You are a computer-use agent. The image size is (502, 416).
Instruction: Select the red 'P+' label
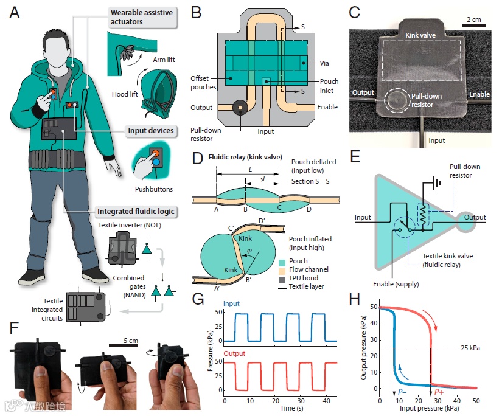pyautogui.click(x=439, y=393)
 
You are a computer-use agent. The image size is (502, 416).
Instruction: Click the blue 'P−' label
pyautogui.click(x=403, y=393)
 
